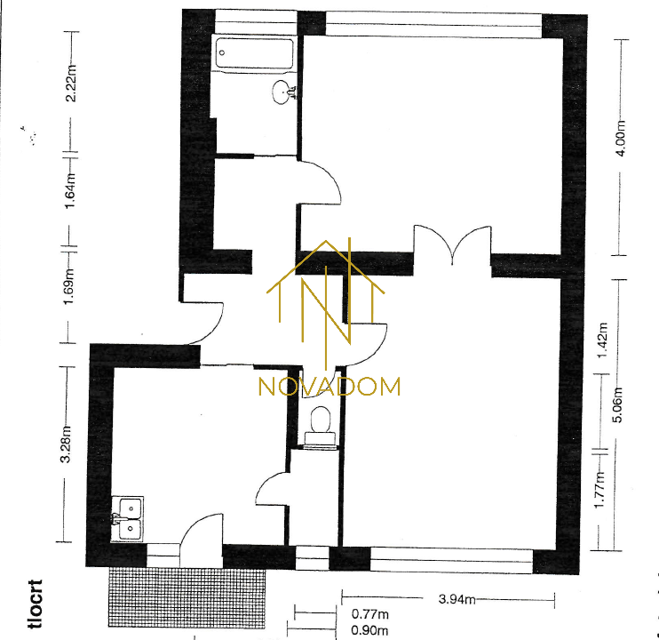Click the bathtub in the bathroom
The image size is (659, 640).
254,53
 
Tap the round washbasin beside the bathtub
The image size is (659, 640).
282,92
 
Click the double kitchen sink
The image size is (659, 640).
128,519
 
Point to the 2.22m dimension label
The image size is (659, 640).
71,83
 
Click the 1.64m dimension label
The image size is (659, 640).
70,191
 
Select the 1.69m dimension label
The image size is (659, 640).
69,286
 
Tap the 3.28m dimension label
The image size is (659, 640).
66,444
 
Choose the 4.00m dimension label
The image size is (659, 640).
621,138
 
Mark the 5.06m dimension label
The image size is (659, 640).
618,404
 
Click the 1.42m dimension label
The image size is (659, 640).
602,340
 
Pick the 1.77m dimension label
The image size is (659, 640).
599,490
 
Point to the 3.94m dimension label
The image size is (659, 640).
457,599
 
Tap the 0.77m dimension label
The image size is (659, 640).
369,614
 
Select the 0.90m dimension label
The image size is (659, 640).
369,630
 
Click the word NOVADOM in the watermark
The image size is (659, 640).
329,387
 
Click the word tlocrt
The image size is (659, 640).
36,604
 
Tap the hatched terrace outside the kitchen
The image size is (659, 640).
187,597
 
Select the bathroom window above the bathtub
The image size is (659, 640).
256,22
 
